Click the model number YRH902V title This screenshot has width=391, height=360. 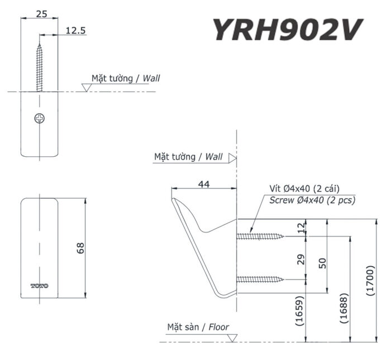pos(287,29)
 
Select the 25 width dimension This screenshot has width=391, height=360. pos(41,14)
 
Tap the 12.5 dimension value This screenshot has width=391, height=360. pos(75,31)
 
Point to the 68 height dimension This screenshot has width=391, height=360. pos(80,247)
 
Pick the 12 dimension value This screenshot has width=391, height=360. pos(303,228)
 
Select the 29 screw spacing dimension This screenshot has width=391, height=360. pos(303,259)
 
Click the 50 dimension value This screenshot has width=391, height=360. pos(323,262)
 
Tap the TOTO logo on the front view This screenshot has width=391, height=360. pos(40,285)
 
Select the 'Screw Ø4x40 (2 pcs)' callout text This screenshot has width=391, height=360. pos(312,200)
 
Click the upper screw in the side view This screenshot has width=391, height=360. pos(260,236)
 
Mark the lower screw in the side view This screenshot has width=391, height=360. pos(260,279)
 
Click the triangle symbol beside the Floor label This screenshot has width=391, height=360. pos(232,338)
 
